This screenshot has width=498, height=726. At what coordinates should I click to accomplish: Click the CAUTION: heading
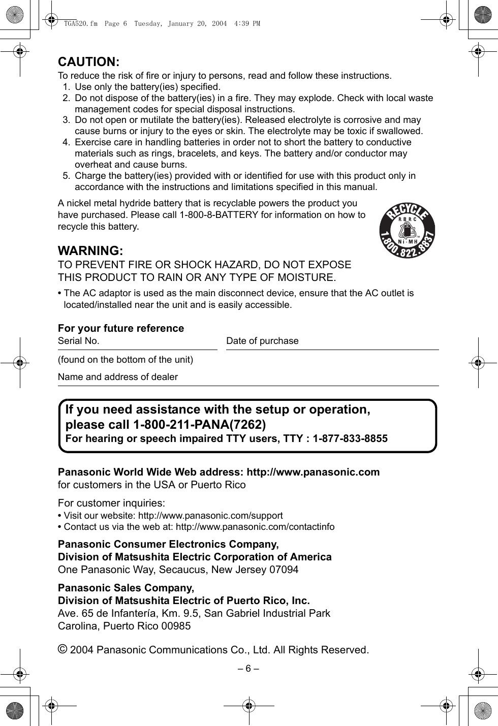click(89, 62)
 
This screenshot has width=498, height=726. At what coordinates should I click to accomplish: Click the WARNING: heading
click(90, 251)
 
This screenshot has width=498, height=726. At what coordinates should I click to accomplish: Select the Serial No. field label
click(79, 341)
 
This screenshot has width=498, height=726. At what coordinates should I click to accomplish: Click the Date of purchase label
click(262, 341)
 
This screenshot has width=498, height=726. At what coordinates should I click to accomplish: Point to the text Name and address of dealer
click(118, 377)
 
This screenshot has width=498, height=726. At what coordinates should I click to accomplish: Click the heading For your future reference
click(121, 328)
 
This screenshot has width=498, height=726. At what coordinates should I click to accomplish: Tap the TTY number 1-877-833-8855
click(350, 438)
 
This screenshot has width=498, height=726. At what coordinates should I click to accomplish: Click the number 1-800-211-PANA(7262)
click(199, 424)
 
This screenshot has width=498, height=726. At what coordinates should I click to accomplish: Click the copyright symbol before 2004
click(62, 649)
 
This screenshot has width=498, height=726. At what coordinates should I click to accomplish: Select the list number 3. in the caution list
click(67, 120)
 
